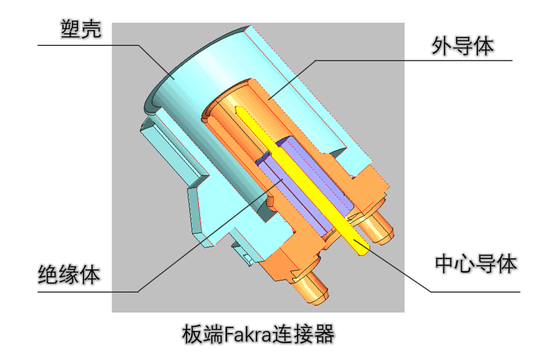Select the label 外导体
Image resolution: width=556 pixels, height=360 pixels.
[x=462, y=47]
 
